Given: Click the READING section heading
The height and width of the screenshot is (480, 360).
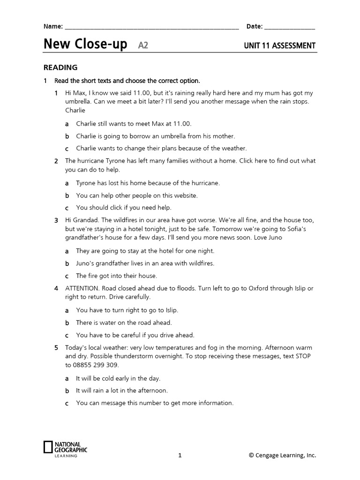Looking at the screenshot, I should [x=60, y=67].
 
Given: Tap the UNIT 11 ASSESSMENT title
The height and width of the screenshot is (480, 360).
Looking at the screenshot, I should [x=279, y=45].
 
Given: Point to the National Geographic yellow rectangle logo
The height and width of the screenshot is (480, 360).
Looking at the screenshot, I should [x=47, y=447].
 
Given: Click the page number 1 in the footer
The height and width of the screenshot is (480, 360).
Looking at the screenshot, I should [x=180, y=455].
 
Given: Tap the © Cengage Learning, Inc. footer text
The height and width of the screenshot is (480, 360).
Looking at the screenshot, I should [x=282, y=455].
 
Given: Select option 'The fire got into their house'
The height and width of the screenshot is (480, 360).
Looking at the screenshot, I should [x=116, y=276].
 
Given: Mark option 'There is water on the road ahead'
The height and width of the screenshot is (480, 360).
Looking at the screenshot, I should [x=124, y=322].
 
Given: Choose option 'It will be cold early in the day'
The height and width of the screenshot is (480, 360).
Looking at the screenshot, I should [x=118, y=378].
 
